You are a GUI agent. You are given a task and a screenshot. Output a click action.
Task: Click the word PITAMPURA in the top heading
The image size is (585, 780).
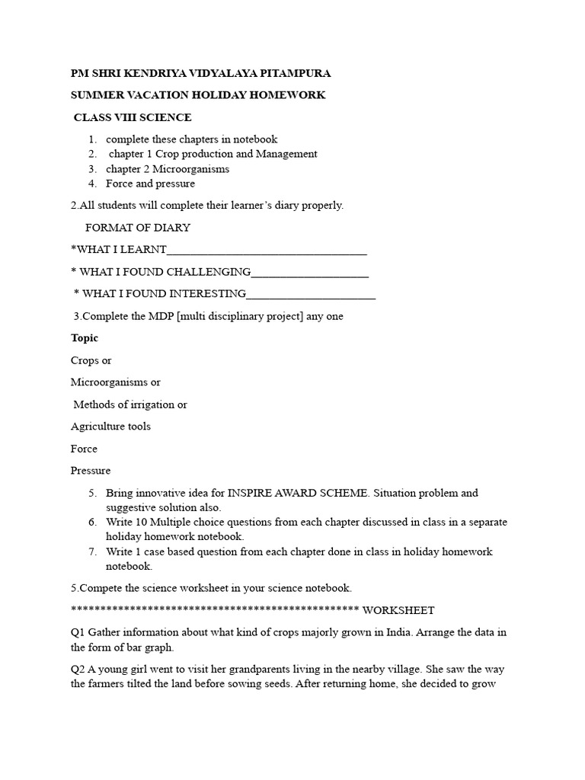click(296, 73)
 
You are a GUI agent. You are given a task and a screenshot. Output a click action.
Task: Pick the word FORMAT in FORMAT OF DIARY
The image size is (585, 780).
click(107, 228)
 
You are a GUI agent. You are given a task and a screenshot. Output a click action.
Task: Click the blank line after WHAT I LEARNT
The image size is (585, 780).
click(267, 251)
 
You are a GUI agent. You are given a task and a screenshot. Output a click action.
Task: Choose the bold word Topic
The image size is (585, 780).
click(85, 338)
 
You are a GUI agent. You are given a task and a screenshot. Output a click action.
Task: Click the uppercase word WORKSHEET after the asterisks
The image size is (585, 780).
click(398, 610)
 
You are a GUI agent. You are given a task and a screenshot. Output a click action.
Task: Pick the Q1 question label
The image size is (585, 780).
click(78, 633)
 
